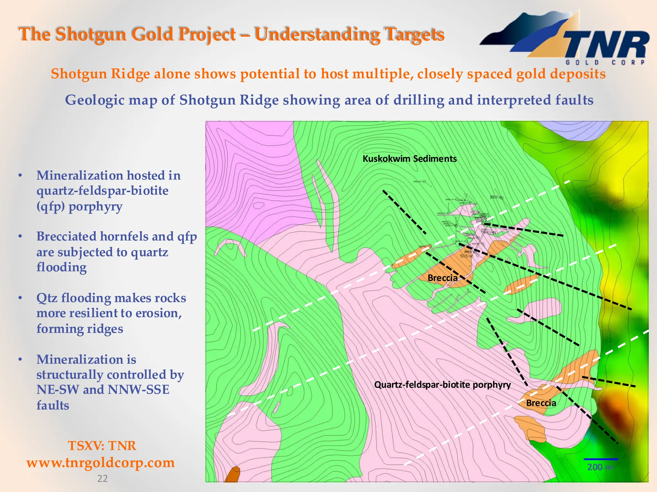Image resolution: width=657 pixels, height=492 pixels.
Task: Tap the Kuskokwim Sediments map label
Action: click(x=409, y=159)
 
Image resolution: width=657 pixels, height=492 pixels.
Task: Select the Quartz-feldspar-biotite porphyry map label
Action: click(x=442, y=385)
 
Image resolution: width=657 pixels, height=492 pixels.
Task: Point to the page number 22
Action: click(x=102, y=479)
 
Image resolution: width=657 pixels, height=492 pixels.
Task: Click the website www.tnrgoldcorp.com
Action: click(x=100, y=463)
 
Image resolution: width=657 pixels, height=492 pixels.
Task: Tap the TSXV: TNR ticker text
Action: click(x=102, y=446)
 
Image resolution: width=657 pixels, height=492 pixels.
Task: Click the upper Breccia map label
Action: click(x=442, y=278)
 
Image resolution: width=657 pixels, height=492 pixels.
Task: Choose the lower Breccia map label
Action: click(x=541, y=403)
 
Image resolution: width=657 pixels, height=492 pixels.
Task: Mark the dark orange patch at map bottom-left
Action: click(x=232, y=475)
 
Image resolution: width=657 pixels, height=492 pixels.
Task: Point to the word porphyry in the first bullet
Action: click(x=95, y=207)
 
